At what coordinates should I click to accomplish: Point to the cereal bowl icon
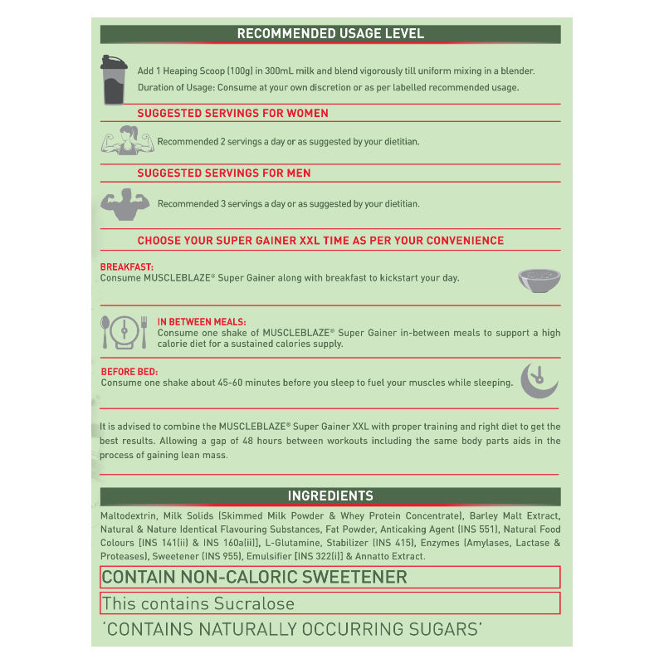click(x=538, y=279)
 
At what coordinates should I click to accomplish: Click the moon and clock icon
click(x=539, y=378)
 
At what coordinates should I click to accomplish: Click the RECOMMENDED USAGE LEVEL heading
click(x=330, y=34)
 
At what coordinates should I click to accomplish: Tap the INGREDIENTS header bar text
click(x=330, y=496)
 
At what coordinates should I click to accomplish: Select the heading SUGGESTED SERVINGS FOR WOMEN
click(x=232, y=113)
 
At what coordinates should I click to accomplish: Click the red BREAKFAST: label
click(x=126, y=267)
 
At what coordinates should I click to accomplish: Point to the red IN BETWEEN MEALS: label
click(x=202, y=321)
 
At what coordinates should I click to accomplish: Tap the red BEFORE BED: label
click(x=129, y=372)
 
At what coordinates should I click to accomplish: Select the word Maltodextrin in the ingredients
click(x=129, y=516)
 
